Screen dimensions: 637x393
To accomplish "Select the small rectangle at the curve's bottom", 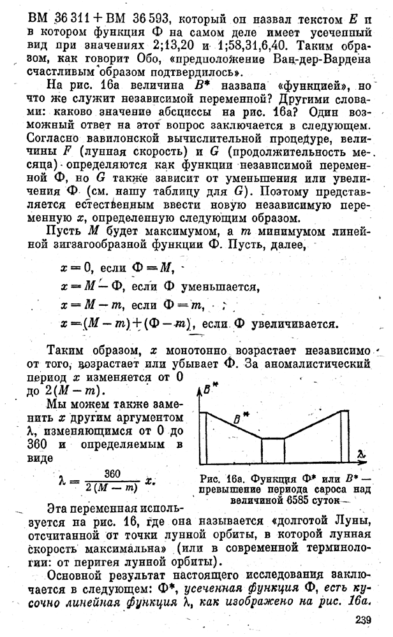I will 272,450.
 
